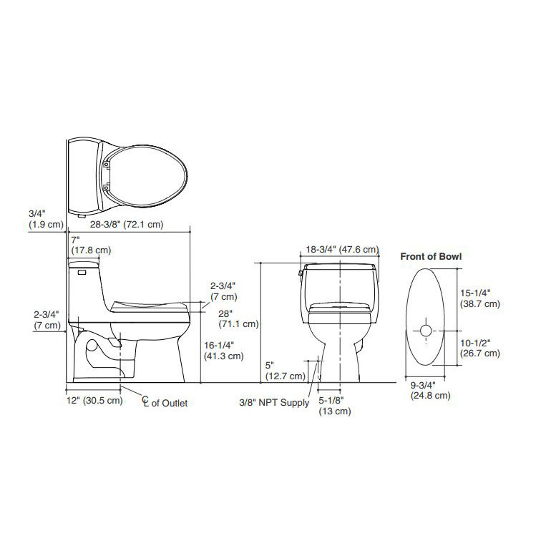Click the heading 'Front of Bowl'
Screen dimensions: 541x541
431,255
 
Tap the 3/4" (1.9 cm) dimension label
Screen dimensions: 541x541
38,218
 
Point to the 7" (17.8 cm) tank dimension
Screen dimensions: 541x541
90,245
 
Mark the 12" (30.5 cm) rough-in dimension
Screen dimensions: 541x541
94,400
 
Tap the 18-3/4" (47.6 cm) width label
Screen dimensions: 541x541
341,250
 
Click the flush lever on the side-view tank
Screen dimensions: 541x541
80,271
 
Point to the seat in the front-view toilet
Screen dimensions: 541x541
341,308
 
